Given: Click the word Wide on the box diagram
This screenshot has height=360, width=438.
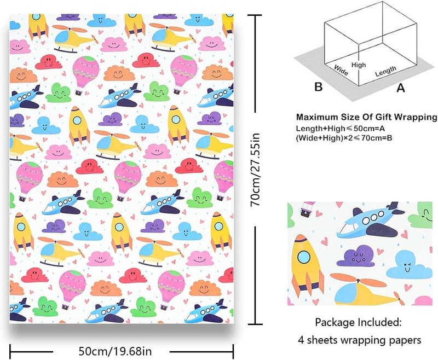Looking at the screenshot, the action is click(341, 70).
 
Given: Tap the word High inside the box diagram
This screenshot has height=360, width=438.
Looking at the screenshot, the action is click(359, 65).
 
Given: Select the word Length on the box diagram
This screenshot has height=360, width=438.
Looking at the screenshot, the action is click(385, 71).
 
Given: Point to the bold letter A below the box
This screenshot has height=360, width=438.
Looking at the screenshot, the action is click(401, 88).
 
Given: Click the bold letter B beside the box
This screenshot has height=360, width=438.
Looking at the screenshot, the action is click(319, 86).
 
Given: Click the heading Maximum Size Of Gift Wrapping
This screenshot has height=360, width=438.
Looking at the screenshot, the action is click(367, 117).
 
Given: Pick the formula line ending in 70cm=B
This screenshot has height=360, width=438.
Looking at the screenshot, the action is click(344, 137).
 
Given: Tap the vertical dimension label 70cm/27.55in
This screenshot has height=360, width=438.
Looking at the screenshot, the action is click(255, 170).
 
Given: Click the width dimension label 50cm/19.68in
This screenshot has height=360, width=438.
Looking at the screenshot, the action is click(115, 351).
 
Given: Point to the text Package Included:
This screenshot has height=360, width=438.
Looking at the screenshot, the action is click(358, 323).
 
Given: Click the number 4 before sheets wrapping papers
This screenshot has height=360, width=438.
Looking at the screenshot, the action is click(301, 340).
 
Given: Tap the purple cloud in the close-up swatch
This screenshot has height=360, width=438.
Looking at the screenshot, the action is click(355, 256).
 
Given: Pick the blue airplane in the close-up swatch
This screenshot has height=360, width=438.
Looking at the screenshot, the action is click(368, 221).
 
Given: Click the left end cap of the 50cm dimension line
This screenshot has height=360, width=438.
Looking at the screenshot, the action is click(10, 352).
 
